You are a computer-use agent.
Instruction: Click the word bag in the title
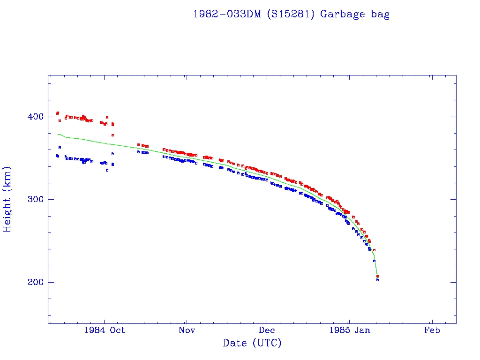[x=380, y=14]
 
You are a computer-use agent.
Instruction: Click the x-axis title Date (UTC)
[x=252, y=343]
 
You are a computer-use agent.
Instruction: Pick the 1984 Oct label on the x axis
[x=104, y=330]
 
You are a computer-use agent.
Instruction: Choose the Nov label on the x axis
[x=186, y=330]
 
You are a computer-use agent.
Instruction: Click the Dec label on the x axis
[x=267, y=330]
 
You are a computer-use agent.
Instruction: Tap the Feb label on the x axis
[x=432, y=330]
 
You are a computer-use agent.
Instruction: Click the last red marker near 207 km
[x=377, y=276]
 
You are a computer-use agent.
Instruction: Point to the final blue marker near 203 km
[x=377, y=280]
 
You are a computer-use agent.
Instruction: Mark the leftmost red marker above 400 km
[x=57, y=112]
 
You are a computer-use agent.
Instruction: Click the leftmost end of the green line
[x=57, y=135]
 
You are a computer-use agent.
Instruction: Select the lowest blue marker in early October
[x=107, y=170]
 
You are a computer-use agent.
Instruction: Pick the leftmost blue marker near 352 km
[x=57, y=156]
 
